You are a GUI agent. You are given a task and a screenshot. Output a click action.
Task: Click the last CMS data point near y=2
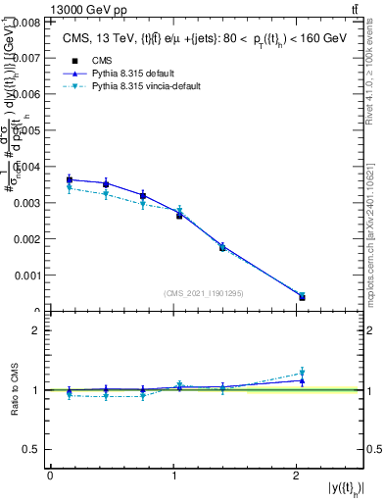(302, 297)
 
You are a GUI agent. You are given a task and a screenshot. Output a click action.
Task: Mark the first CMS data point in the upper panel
(70, 179)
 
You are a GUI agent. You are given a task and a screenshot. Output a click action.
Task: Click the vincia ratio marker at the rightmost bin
(302, 373)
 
